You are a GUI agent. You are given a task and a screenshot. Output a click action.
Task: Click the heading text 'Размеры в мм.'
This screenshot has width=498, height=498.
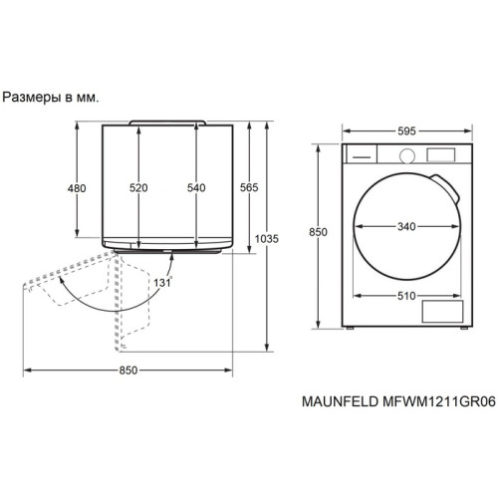55,98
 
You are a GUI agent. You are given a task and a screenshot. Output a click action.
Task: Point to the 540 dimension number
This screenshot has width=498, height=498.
196,187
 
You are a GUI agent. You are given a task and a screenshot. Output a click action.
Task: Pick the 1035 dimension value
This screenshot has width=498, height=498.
266,238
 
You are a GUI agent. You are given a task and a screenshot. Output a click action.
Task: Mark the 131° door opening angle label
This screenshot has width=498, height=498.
163,283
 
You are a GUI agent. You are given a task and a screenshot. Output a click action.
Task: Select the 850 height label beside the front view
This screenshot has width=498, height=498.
318,232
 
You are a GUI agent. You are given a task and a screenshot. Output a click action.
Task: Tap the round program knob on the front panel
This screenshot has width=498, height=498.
405,154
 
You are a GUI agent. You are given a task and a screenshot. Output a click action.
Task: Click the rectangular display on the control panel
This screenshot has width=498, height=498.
439,154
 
